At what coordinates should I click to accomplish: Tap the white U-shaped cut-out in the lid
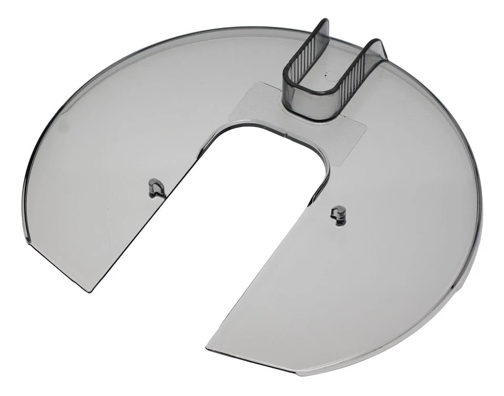pos(247,210)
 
